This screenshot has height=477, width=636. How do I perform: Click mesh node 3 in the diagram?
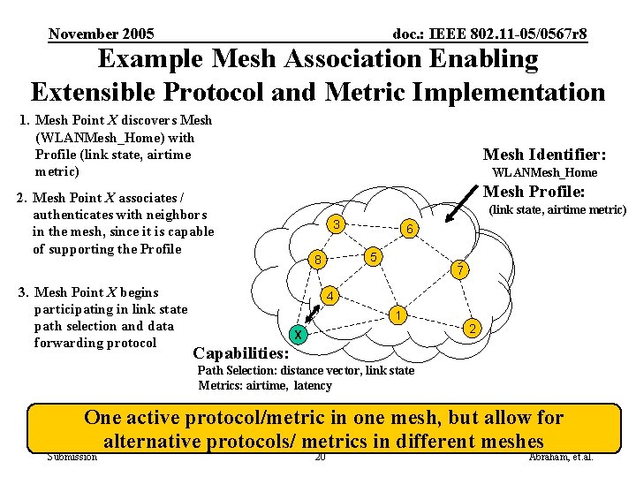coord(337,224)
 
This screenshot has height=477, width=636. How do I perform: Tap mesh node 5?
coord(374,257)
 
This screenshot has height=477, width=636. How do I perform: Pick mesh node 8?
coord(318,260)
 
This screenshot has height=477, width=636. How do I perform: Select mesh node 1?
coord(399,315)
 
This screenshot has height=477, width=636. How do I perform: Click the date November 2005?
coord(101,34)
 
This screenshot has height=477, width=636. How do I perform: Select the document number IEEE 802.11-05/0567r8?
coord(489,34)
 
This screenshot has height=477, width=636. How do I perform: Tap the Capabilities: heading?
coord(239,353)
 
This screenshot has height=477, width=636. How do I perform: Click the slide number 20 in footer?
coord(320,457)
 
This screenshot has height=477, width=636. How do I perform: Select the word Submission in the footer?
coord(72,457)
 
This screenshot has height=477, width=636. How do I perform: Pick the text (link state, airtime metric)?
coord(557,210)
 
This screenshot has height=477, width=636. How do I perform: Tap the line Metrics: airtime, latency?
coord(265,385)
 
